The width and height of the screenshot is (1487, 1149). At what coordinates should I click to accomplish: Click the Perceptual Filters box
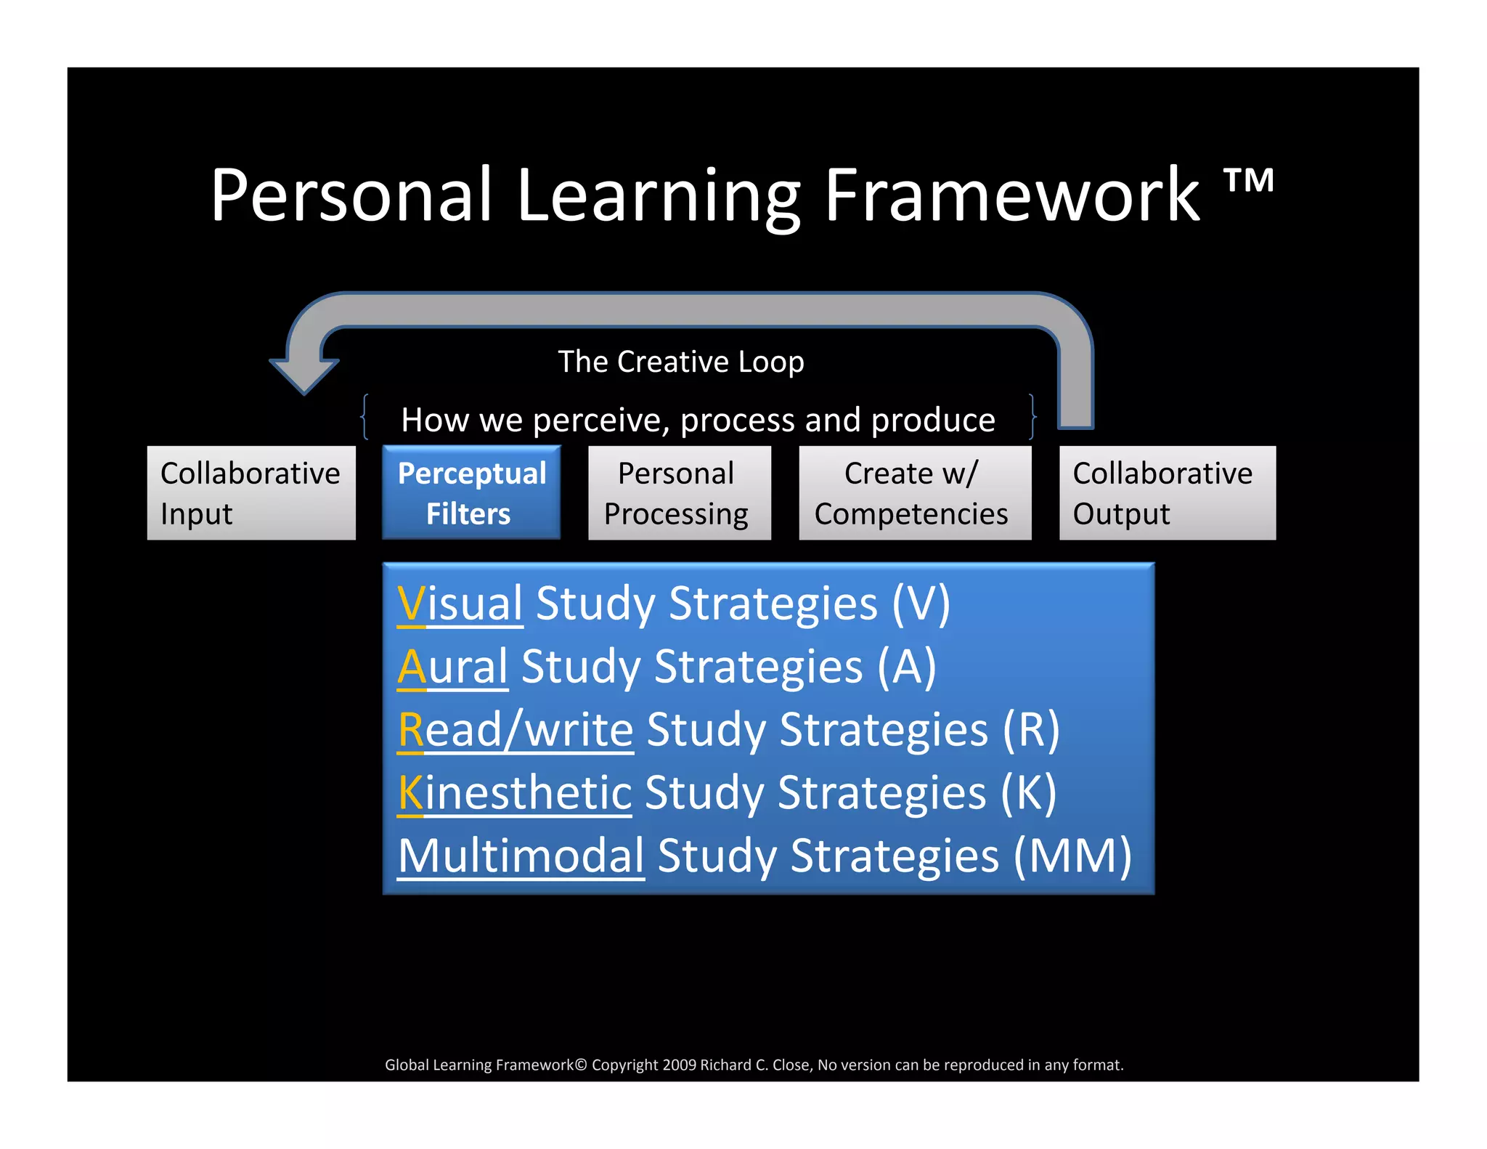tap(471, 492)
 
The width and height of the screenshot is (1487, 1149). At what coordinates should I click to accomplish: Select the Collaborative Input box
tap(251, 492)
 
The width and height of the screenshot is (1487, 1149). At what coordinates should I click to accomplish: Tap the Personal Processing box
tap(679, 492)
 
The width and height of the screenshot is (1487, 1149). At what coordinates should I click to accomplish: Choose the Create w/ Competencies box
tap(914, 492)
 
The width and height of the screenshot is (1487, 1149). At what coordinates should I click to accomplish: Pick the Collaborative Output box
tap(1167, 492)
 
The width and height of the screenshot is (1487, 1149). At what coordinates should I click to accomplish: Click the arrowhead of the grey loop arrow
tap(304, 375)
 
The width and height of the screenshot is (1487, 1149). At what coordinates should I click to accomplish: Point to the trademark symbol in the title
tap(1249, 181)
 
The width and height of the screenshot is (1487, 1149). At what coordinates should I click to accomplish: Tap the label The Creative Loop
tap(680, 361)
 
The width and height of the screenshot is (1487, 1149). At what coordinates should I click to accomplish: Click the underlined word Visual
tap(460, 604)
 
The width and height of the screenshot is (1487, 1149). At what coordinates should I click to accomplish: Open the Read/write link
tap(516, 729)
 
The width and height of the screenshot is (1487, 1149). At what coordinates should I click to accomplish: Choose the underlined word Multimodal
tap(521, 856)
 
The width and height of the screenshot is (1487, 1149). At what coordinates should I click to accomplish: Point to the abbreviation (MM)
tap(1072, 856)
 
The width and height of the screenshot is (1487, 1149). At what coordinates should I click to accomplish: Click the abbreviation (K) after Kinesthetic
tap(1028, 792)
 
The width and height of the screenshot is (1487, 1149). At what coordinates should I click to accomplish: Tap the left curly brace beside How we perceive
tap(365, 417)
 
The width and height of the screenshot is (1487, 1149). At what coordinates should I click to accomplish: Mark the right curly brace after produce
tap(1032, 417)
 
